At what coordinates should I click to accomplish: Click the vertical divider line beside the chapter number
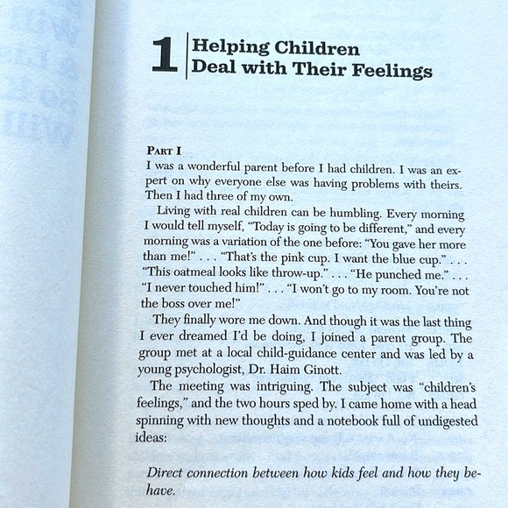click(186, 57)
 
